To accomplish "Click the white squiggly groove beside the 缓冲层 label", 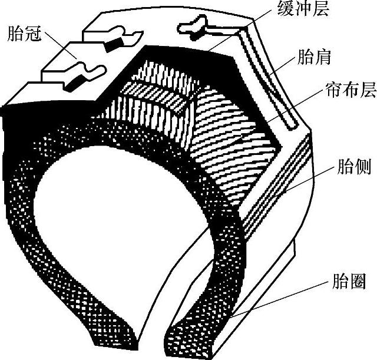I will (191, 25).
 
